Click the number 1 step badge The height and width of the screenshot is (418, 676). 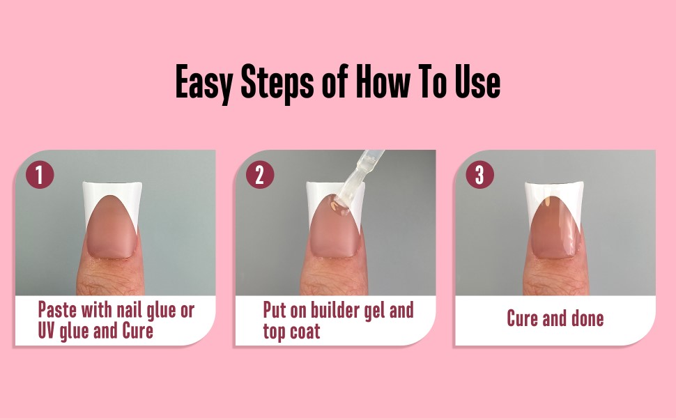click(x=40, y=175)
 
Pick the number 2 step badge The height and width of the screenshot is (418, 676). click(x=260, y=175)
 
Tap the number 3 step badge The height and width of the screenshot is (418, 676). click(x=479, y=175)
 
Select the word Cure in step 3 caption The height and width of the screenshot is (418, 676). click(x=523, y=319)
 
